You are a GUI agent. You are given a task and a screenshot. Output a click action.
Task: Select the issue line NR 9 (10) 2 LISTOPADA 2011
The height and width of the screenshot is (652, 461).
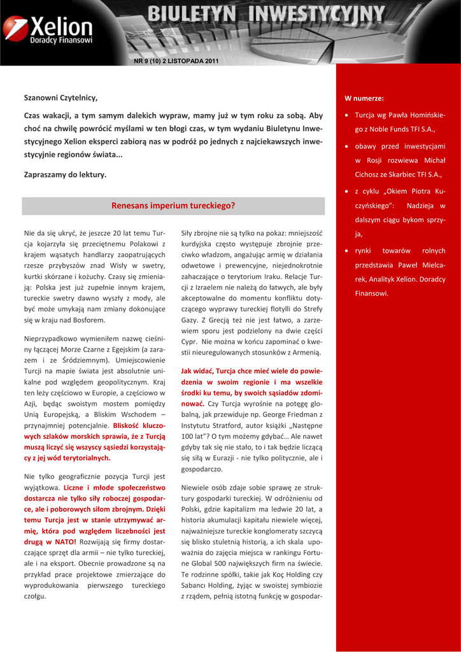[x=175, y=60]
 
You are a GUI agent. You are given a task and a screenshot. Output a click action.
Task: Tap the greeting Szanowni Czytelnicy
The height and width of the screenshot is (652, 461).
[x=60, y=97]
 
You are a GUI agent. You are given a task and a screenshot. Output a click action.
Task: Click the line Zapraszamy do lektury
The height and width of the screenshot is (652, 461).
[x=65, y=174]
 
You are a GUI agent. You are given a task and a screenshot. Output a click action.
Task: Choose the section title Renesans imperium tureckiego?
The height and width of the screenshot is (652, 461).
[x=173, y=206]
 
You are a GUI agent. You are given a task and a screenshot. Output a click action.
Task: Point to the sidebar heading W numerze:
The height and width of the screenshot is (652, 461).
[x=364, y=99]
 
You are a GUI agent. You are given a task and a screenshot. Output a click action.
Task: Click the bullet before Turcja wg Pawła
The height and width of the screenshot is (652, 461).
[x=346, y=116]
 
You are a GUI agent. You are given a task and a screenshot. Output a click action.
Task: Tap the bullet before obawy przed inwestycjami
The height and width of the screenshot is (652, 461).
[x=346, y=146]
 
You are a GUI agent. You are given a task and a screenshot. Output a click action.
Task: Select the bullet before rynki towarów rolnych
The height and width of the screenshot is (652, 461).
[x=346, y=251]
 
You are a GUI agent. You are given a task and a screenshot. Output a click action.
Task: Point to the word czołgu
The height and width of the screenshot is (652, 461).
[x=35, y=596]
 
